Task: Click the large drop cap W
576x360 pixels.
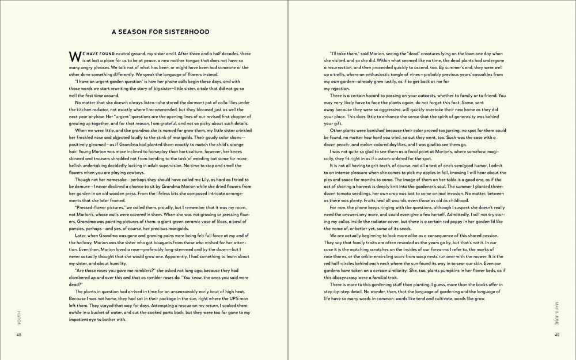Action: pos(74,56)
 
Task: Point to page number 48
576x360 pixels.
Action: pos(19,335)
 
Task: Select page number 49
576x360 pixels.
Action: pos(557,335)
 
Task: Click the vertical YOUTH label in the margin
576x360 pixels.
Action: pos(19,316)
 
